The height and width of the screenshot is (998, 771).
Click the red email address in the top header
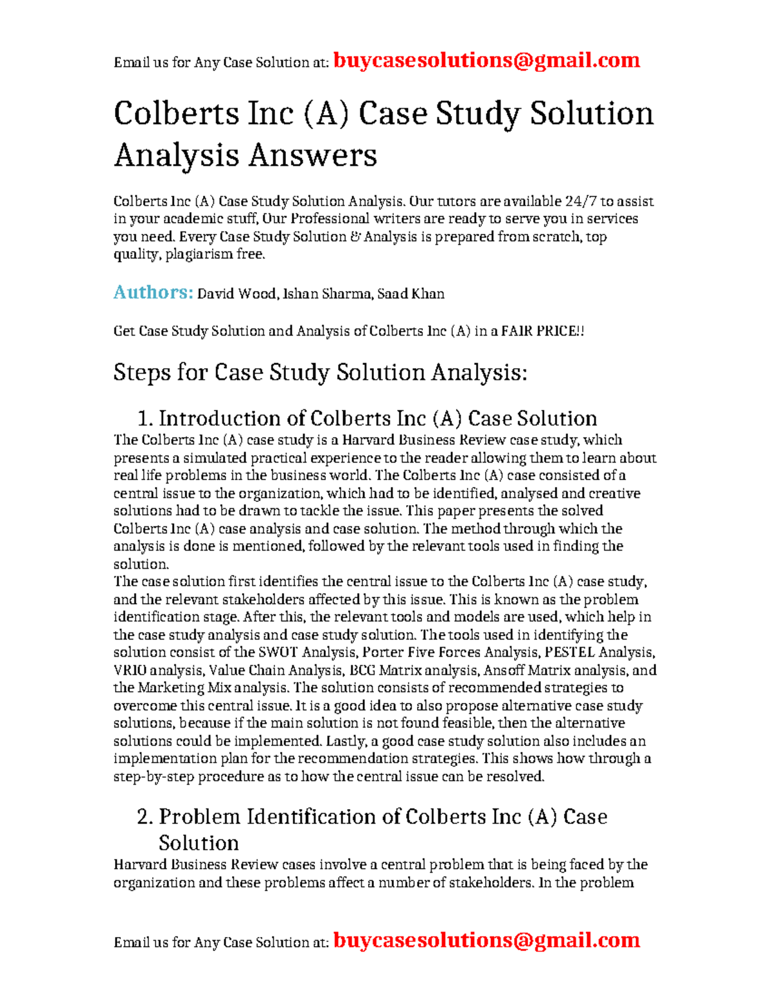pyautogui.click(x=486, y=60)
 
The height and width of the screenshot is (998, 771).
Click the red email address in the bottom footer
pyautogui.click(x=486, y=940)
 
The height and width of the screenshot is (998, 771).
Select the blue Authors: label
pyautogui.click(x=153, y=292)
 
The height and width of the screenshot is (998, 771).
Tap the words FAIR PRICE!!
pyautogui.click(x=542, y=332)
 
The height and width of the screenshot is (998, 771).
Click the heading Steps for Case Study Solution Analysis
pyautogui.click(x=320, y=373)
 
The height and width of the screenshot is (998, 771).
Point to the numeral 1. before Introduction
pyautogui.click(x=145, y=419)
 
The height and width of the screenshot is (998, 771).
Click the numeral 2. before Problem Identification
pyautogui.click(x=145, y=817)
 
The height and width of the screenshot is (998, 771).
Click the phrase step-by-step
pyautogui.click(x=154, y=777)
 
